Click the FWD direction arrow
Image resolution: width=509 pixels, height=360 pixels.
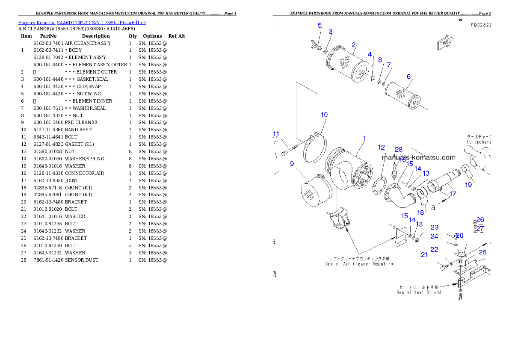(x=445, y=43)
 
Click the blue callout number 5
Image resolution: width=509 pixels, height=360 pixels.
(x=320, y=25)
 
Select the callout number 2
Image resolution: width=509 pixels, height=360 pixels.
(x=354, y=45)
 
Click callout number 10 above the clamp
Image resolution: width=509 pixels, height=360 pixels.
(x=324, y=115)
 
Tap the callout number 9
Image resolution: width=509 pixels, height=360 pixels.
(x=292, y=163)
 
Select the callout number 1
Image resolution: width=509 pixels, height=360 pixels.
(x=364, y=138)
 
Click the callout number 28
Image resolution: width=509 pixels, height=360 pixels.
(x=399, y=149)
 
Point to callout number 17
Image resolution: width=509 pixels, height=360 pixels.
(x=453, y=194)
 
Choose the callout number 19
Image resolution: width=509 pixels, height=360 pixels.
(x=469, y=185)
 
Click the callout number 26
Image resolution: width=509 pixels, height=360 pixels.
(x=480, y=220)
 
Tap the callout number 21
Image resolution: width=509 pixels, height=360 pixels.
(x=424, y=255)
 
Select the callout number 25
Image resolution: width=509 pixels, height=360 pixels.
(x=482, y=252)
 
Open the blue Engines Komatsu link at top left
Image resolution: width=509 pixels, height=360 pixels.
(x=82, y=23)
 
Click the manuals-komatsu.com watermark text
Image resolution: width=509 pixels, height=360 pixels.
(x=418, y=157)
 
